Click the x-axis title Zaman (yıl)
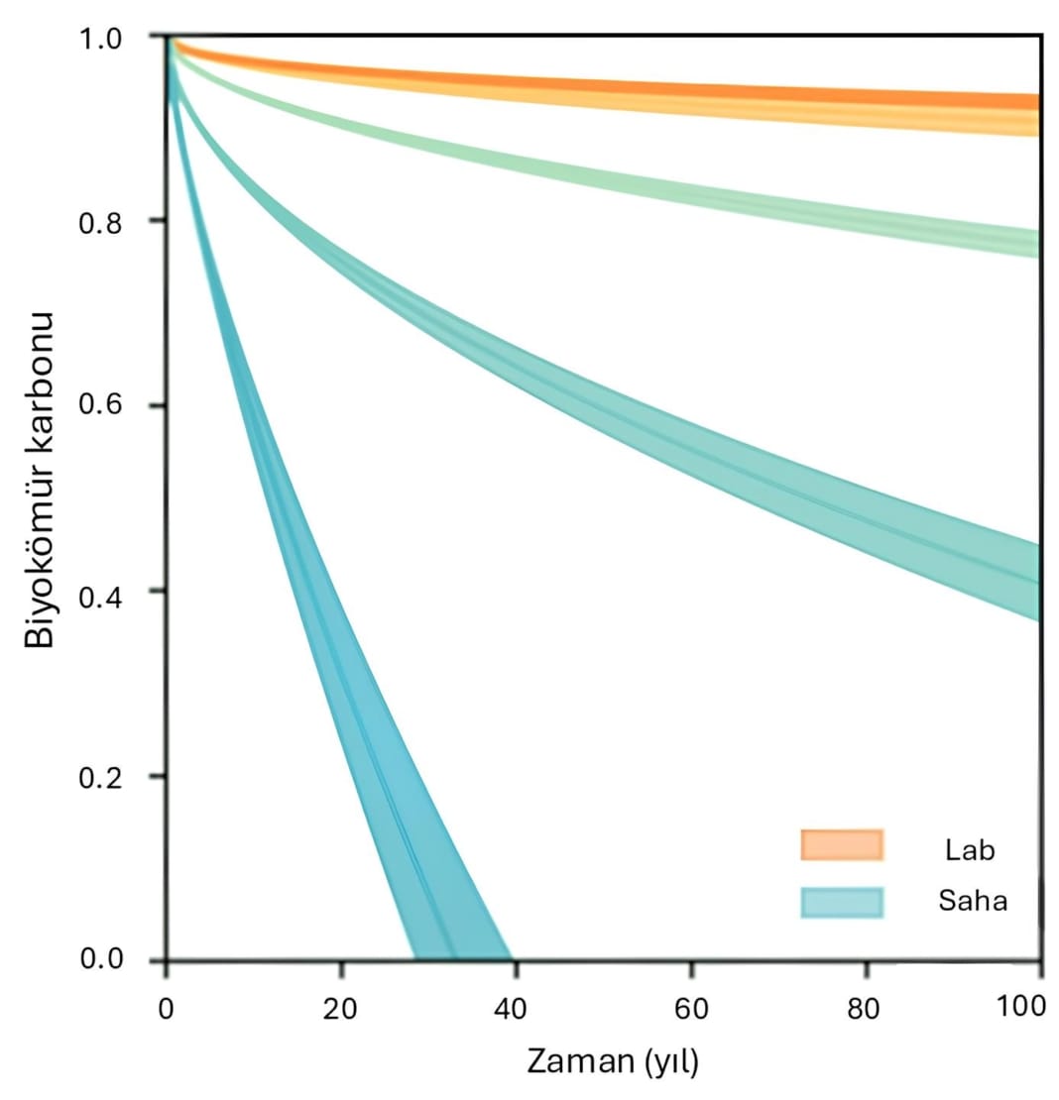(612, 1062)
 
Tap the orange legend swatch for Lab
(841, 845)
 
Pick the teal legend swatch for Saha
(841, 901)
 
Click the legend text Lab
(970, 849)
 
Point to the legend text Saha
(972, 902)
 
